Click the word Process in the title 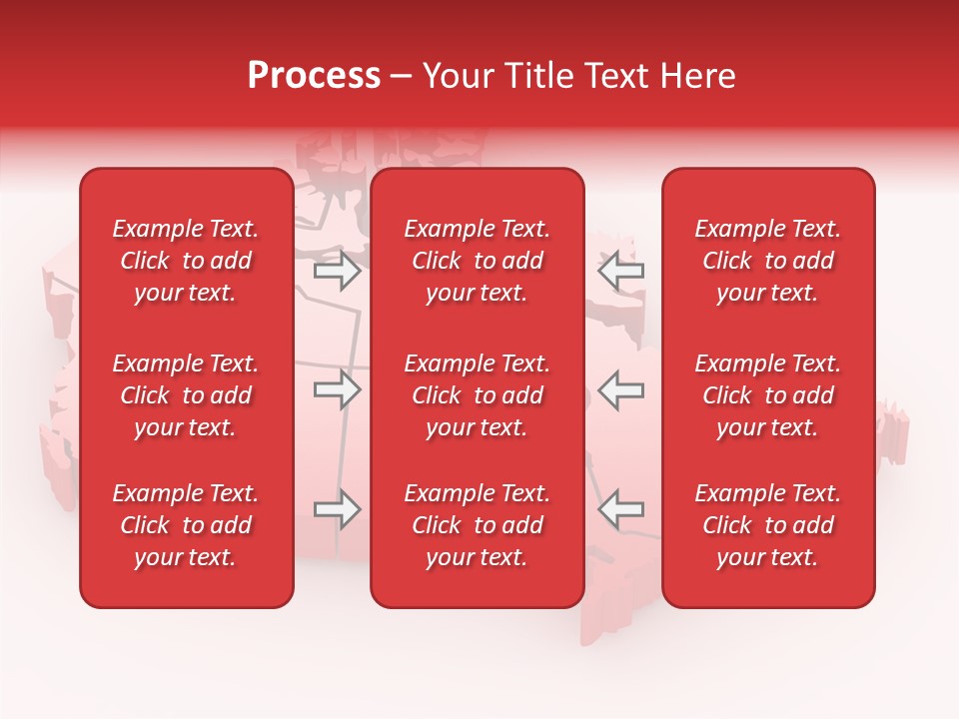click(314, 76)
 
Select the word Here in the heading click(698, 76)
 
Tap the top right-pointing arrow click(338, 271)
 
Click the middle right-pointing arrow click(338, 390)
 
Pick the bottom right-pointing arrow click(338, 509)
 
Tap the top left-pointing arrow click(620, 271)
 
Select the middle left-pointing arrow click(620, 390)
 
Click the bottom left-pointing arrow click(620, 509)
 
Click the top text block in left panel click(186, 261)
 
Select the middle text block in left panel click(186, 395)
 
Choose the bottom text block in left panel click(186, 525)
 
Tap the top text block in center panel click(478, 261)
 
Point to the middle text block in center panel click(478, 395)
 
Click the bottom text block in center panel click(478, 525)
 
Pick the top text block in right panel click(768, 261)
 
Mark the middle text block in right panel click(768, 395)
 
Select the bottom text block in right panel click(768, 525)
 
